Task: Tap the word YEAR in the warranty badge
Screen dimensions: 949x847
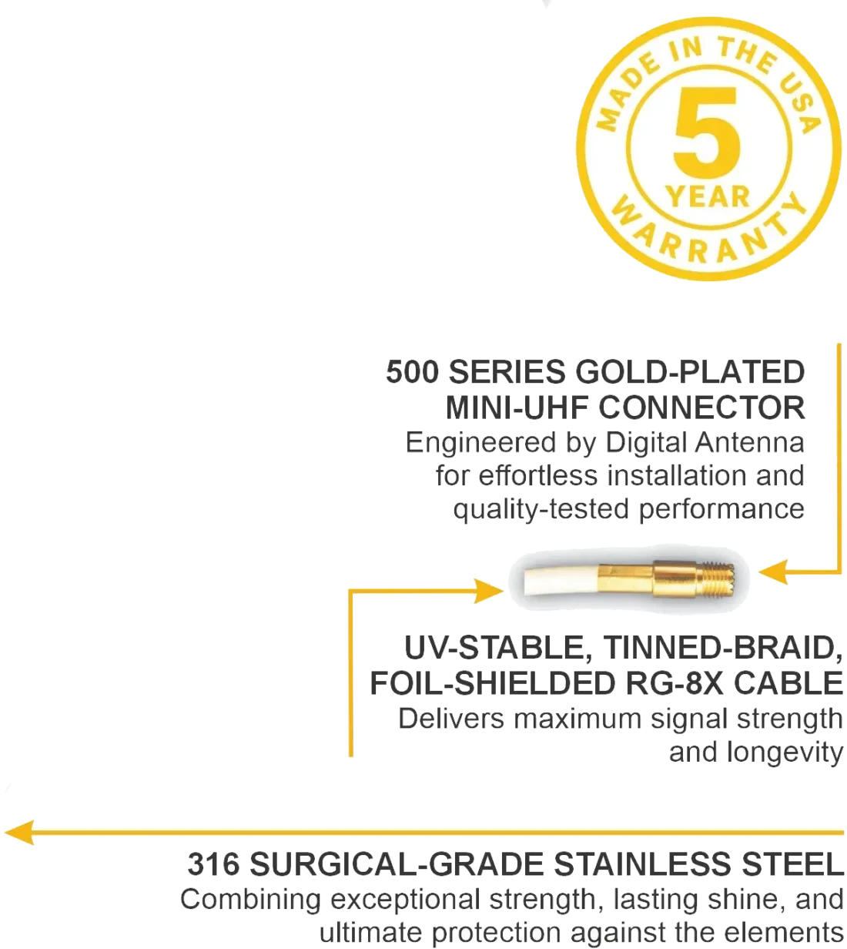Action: [708, 196]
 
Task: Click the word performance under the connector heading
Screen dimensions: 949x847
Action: [720, 509]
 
